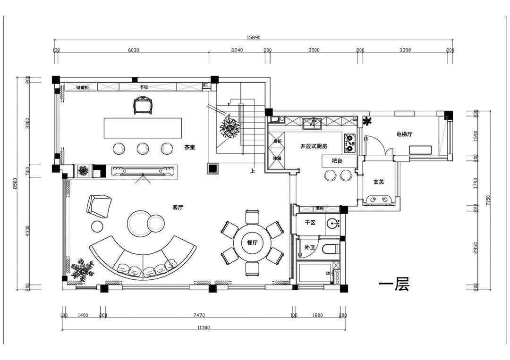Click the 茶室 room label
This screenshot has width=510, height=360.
190,148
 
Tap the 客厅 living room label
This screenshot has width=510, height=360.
178,207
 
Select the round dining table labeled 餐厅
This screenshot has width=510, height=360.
252,243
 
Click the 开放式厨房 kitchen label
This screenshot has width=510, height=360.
314,147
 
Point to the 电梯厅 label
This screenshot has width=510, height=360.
404,134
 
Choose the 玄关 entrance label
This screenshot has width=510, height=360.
378,181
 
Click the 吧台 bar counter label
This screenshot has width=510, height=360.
337,161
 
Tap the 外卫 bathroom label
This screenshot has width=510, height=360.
309,247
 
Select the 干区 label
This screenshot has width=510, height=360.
309,222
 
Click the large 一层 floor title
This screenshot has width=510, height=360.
394,285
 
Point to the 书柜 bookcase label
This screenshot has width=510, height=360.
144,87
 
